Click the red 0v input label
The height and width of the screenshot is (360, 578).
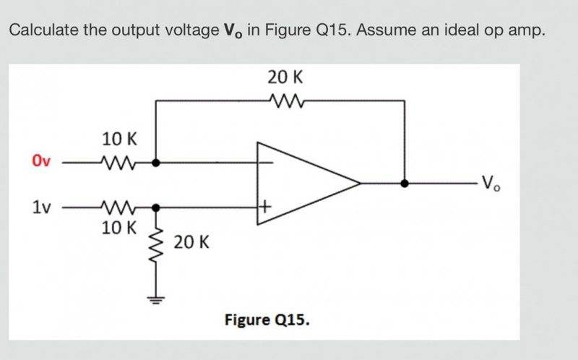pyautogui.click(x=40, y=160)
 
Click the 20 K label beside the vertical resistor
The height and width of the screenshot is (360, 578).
pyautogui.click(x=191, y=241)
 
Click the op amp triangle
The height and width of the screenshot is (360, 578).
pyautogui.click(x=303, y=184)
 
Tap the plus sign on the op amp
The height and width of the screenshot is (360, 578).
pyautogui.click(x=266, y=207)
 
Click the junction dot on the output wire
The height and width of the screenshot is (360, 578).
pyautogui.click(x=405, y=184)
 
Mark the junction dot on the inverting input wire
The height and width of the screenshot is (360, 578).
pyautogui.click(x=156, y=163)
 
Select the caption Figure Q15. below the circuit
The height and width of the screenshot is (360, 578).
pyautogui.click(x=267, y=319)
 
